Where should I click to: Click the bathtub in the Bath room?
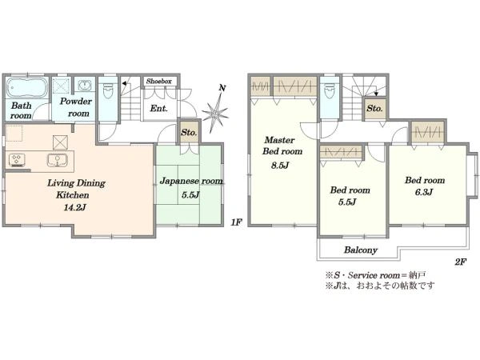coord(27,87)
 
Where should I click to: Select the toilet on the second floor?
coord(330,90)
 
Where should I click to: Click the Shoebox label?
coord(159,81)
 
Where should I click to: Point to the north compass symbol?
coord(215,110)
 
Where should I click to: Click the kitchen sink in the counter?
coord(57,160)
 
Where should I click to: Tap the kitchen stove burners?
coord(17,160)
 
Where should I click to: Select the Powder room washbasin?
coord(83,85)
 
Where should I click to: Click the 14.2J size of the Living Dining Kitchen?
coord(74,207)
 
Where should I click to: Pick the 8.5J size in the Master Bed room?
coord(280,166)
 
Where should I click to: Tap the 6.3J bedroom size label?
coord(424,192)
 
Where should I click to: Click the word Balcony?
coord(361,250)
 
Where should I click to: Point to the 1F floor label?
coord(236,222)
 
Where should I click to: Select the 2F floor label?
coord(461,262)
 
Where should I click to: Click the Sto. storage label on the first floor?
coord(189,133)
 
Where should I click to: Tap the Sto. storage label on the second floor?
coord(374,108)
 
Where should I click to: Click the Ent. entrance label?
coord(159,108)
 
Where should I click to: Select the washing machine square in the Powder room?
coord(62,85)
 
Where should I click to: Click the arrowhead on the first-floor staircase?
coord(124,83)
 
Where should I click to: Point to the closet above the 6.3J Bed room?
coord(428,133)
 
